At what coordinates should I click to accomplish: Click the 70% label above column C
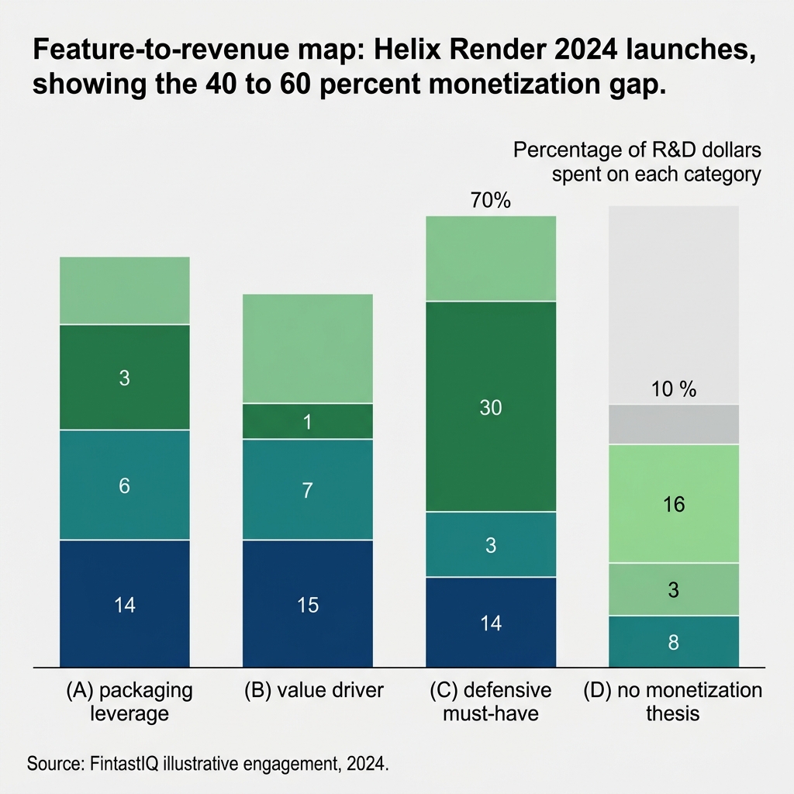pyautogui.click(x=490, y=201)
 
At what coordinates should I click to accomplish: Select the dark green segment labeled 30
pyautogui.click(x=491, y=406)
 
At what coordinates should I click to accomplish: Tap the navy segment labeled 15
pyautogui.click(x=308, y=604)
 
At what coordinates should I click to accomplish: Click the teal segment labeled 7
pyautogui.click(x=308, y=489)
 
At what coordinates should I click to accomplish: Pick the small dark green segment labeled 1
pyautogui.click(x=308, y=421)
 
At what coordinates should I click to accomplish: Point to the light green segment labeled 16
pyautogui.click(x=674, y=504)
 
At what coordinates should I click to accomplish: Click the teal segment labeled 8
pyautogui.click(x=674, y=641)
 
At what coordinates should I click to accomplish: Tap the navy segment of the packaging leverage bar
pyautogui.click(x=125, y=603)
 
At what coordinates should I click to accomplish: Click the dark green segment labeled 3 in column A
pyautogui.click(x=125, y=378)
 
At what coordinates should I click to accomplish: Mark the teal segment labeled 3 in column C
pyautogui.click(x=491, y=544)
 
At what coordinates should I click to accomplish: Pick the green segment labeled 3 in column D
pyautogui.click(x=674, y=589)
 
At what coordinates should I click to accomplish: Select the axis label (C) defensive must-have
pyautogui.click(x=491, y=701)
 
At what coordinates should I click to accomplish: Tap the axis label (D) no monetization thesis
pyautogui.click(x=673, y=701)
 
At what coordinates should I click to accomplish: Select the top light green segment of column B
pyautogui.click(x=308, y=348)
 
